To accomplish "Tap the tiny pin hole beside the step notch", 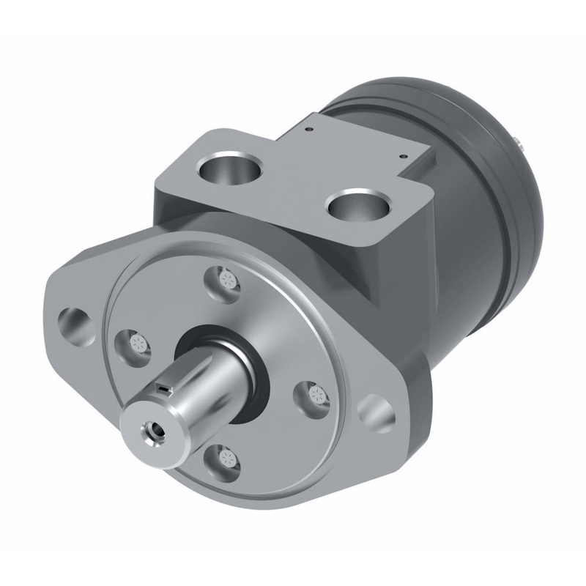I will (x=402, y=155).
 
